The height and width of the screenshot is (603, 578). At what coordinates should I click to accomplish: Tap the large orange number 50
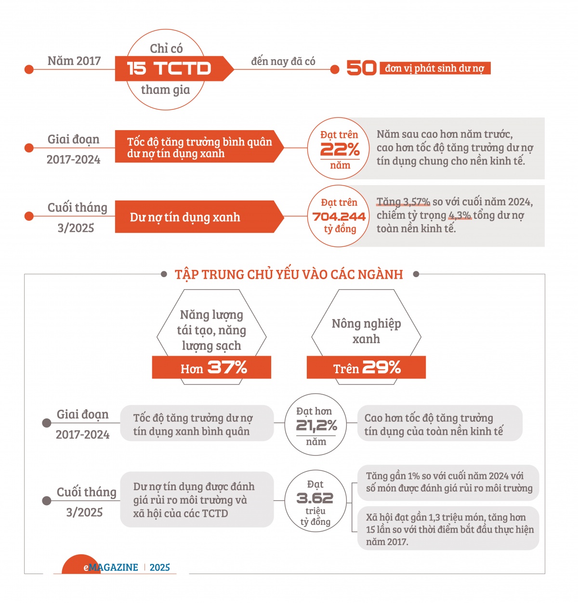361,68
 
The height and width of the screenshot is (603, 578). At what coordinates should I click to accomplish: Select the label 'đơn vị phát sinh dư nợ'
434,68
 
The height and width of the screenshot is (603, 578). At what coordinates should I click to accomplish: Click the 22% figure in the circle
340,149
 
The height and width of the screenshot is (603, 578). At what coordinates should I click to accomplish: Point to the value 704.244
339,217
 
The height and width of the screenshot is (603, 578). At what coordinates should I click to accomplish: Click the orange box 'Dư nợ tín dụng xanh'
195,217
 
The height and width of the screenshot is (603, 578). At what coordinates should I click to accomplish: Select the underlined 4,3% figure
460,215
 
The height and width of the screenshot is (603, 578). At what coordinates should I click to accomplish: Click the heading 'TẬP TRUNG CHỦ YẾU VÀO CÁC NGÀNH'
289,274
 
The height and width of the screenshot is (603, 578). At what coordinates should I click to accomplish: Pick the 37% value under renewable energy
227,368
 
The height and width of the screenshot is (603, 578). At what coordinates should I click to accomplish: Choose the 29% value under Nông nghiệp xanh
381,368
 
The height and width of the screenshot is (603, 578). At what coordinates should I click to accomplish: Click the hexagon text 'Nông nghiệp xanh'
366,331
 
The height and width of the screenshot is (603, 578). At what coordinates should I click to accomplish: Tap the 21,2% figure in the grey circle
316,426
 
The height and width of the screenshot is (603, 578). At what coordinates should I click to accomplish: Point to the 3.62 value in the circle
315,498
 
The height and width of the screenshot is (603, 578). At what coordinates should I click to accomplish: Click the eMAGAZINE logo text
111,567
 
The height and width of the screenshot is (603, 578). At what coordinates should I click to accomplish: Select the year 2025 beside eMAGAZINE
160,567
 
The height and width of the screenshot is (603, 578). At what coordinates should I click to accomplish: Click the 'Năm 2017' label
74,61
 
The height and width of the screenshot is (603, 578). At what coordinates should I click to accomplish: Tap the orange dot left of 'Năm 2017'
29,69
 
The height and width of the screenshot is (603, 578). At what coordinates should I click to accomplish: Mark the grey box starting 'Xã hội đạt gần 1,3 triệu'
448,529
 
